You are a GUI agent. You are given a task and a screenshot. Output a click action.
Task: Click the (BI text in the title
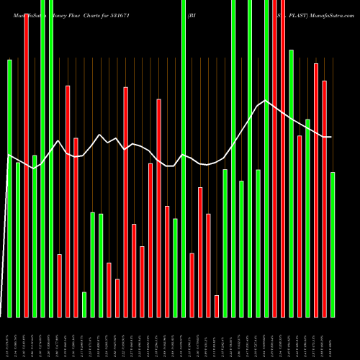pos(192,14)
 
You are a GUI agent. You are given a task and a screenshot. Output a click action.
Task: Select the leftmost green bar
pos(9,187)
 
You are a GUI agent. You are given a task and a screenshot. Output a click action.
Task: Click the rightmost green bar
pos(333,245)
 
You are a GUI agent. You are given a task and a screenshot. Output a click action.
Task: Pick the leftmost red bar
pos(26,166)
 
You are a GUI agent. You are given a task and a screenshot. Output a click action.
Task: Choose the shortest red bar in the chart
pos(217,306)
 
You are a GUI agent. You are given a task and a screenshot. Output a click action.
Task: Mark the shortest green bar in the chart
pos(84,304)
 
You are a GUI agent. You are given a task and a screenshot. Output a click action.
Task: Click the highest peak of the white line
pos(266,101)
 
